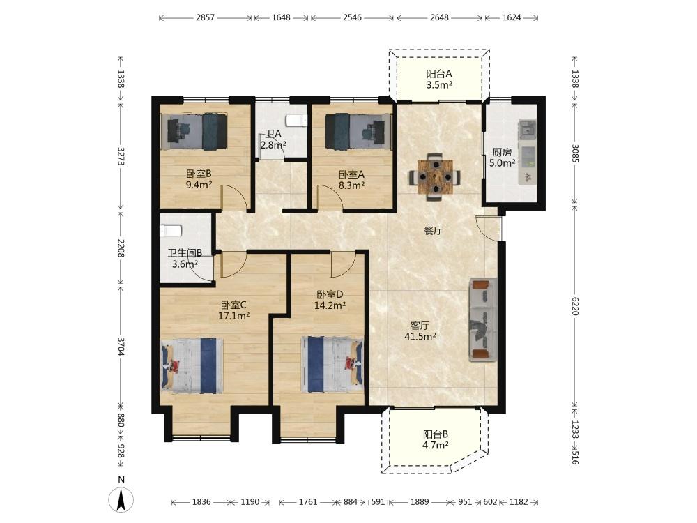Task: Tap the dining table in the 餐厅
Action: [435, 177]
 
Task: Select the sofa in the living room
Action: [482, 319]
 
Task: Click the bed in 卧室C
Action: [192, 365]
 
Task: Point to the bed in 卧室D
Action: [332, 364]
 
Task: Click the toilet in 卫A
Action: [296, 120]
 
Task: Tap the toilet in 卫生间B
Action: [171, 232]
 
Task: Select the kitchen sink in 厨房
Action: [528, 128]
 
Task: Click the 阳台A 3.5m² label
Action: [439, 79]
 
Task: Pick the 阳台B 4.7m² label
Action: [435, 439]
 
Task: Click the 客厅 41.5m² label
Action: [420, 331]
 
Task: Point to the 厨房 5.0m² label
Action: [503, 158]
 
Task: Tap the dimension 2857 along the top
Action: [205, 18]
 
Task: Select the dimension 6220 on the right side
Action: [575, 306]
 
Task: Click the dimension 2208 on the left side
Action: [121, 248]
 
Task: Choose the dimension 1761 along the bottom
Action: [307, 502]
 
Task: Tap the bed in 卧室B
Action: [197, 131]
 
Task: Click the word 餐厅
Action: [433, 231]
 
